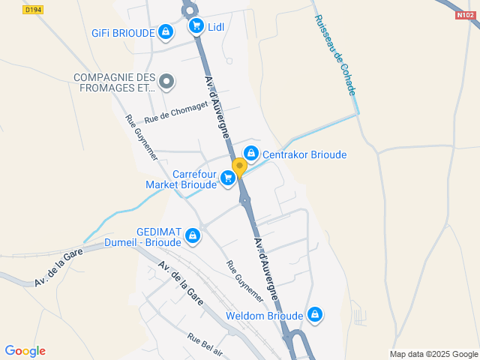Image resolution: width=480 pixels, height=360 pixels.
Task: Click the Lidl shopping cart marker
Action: (x=196, y=27)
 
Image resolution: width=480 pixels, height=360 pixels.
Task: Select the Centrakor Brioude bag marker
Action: (x=251, y=154)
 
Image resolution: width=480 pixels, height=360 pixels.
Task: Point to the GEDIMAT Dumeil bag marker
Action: (x=193, y=236)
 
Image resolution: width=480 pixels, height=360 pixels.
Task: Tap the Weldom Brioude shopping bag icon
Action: (x=315, y=314)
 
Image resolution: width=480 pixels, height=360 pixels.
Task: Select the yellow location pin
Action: (x=239, y=167)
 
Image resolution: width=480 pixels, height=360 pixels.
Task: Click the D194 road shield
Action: (x=32, y=10)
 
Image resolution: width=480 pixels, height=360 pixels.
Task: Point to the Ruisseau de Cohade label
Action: (x=334, y=55)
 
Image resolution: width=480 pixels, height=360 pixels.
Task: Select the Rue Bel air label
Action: (x=205, y=344)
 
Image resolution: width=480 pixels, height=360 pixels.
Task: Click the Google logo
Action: (x=25, y=351)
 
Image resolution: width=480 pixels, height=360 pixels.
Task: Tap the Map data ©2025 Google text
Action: (x=433, y=354)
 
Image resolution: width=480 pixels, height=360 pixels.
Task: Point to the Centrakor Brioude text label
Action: (x=304, y=154)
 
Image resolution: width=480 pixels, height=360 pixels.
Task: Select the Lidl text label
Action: (x=216, y=27)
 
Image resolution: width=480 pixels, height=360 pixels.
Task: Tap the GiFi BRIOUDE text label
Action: (x=123, y=33)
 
